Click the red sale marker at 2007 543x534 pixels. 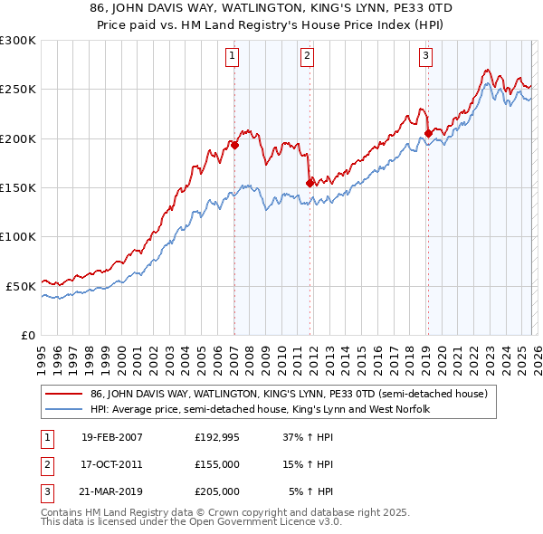tap(234, 145)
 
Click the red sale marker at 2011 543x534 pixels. tap(310, 182)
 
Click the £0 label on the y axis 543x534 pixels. tap(27, 335)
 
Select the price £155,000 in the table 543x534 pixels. tap(217, 464)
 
